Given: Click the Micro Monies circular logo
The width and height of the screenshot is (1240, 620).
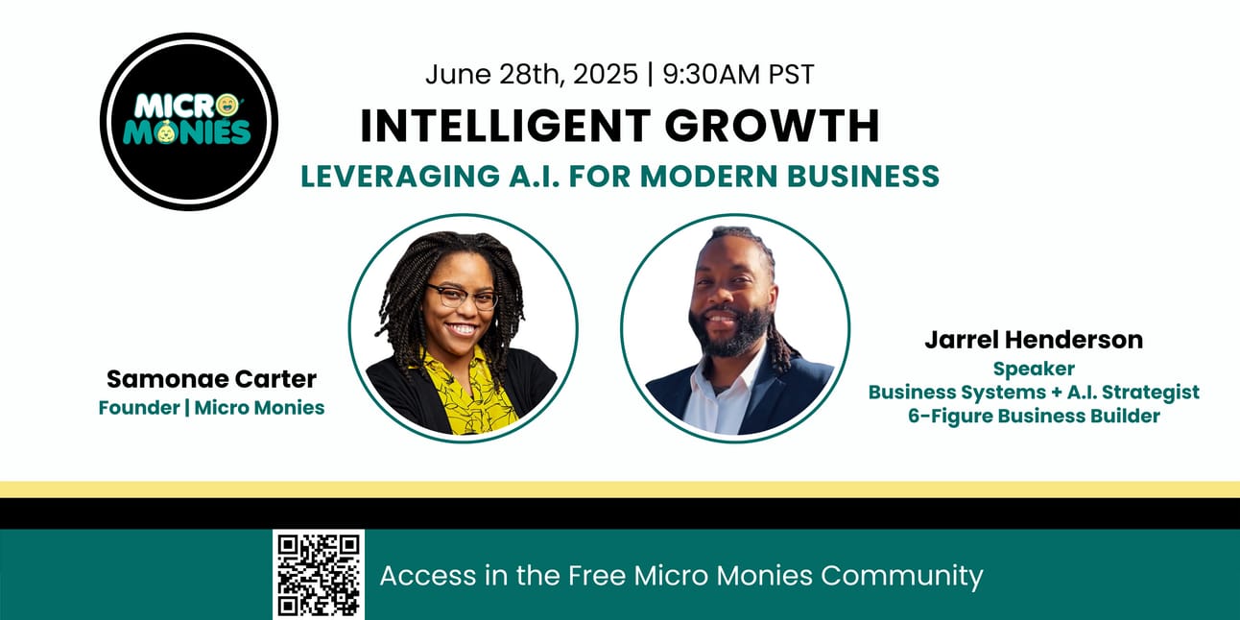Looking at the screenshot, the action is (189, 122).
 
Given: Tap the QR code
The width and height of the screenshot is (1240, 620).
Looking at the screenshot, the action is (319, 575).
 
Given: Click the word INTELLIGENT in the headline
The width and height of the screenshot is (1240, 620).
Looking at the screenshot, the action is (506, 127).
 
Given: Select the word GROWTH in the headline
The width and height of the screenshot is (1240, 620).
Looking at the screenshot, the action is (773, 127).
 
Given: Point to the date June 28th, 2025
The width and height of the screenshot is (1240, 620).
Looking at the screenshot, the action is (532, 74).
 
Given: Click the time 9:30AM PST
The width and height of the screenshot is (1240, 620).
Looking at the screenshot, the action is (738, 74).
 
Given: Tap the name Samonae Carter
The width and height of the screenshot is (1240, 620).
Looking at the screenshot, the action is (211, 379).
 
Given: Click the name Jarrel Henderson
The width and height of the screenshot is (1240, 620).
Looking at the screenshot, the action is (1034, 340).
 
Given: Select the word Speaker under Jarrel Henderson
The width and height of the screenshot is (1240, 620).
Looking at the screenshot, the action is (1034, 370).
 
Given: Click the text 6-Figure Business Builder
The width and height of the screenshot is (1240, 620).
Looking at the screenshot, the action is (1034, 416).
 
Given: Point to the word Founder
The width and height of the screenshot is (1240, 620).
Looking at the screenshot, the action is (139, 408).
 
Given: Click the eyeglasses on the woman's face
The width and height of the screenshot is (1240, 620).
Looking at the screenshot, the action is (462, 297).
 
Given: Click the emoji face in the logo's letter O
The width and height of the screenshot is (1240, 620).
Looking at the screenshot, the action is (227, 106).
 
